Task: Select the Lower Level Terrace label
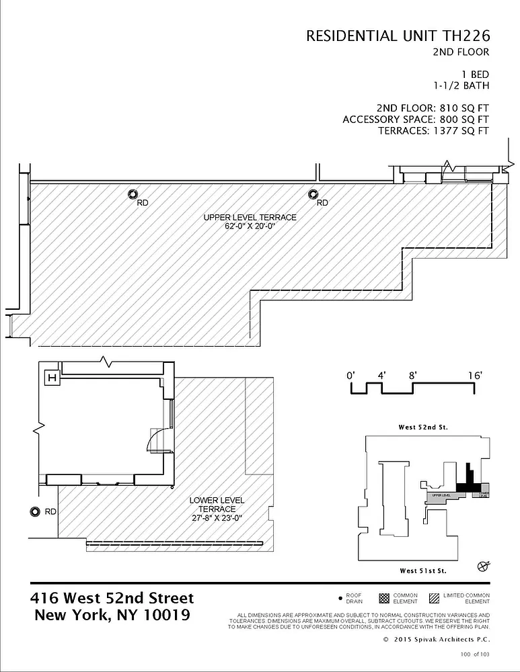217,505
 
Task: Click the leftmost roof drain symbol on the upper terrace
132,195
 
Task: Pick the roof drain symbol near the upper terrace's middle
313,195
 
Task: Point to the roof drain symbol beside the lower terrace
34,512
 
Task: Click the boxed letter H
50,378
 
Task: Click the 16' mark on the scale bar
475,376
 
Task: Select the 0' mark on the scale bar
350,376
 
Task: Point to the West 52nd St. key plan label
423,427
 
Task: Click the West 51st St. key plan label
423,571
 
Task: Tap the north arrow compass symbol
482,565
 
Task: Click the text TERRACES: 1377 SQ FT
433,131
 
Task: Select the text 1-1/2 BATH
461,85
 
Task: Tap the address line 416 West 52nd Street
112,598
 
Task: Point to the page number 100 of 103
474,654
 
